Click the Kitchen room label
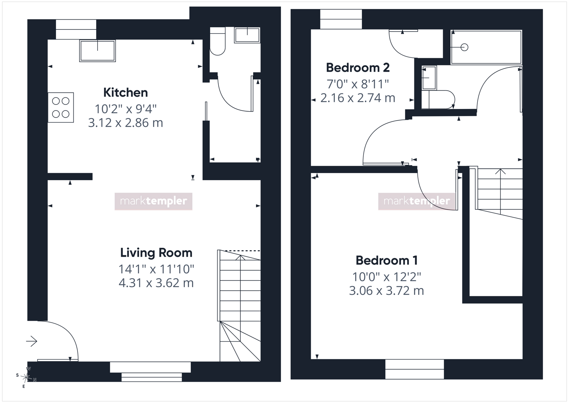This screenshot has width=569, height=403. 126,93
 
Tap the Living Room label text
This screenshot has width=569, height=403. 156,253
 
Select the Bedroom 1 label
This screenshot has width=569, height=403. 387,260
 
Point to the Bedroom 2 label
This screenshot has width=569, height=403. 358,68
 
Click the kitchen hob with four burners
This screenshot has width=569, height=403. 61,107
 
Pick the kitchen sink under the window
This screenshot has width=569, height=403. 98,51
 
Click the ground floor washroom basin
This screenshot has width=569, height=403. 247,35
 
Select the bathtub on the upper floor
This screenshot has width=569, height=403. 486,47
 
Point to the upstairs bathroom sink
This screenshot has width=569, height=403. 429,78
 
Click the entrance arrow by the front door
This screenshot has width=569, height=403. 32,341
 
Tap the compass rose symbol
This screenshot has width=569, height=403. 26,377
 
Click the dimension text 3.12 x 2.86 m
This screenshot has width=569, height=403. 126,123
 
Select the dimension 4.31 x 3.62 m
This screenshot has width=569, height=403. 156,283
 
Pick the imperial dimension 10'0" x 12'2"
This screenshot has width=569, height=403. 387,277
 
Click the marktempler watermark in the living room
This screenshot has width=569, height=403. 154,201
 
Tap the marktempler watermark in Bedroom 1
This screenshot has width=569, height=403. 417,201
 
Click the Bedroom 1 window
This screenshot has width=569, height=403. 415,369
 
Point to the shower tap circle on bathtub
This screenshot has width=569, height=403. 464,47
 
